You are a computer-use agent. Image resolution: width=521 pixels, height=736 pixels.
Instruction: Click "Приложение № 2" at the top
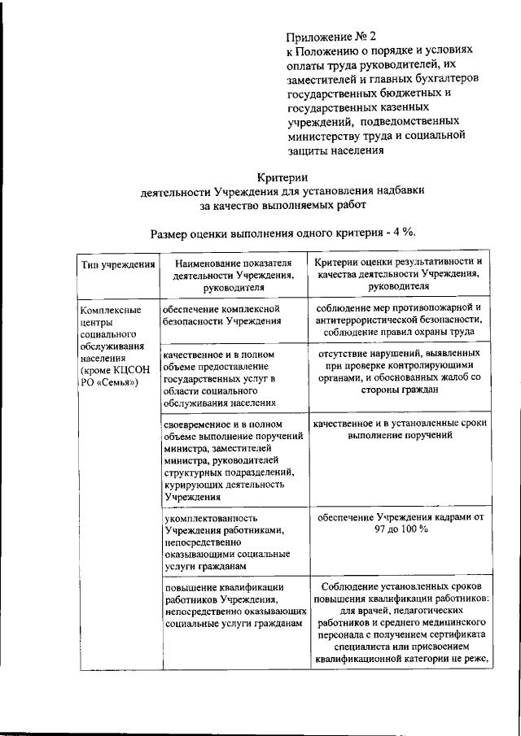tap(332, 37)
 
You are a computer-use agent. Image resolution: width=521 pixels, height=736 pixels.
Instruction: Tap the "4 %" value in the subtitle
tap(402, 233)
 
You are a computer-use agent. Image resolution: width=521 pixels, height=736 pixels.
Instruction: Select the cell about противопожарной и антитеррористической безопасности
tap(399, 320)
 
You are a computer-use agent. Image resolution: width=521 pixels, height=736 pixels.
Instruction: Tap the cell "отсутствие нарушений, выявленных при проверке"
tap(399, 372)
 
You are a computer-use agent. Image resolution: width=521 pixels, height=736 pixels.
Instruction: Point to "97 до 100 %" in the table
tap(399, 529)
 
